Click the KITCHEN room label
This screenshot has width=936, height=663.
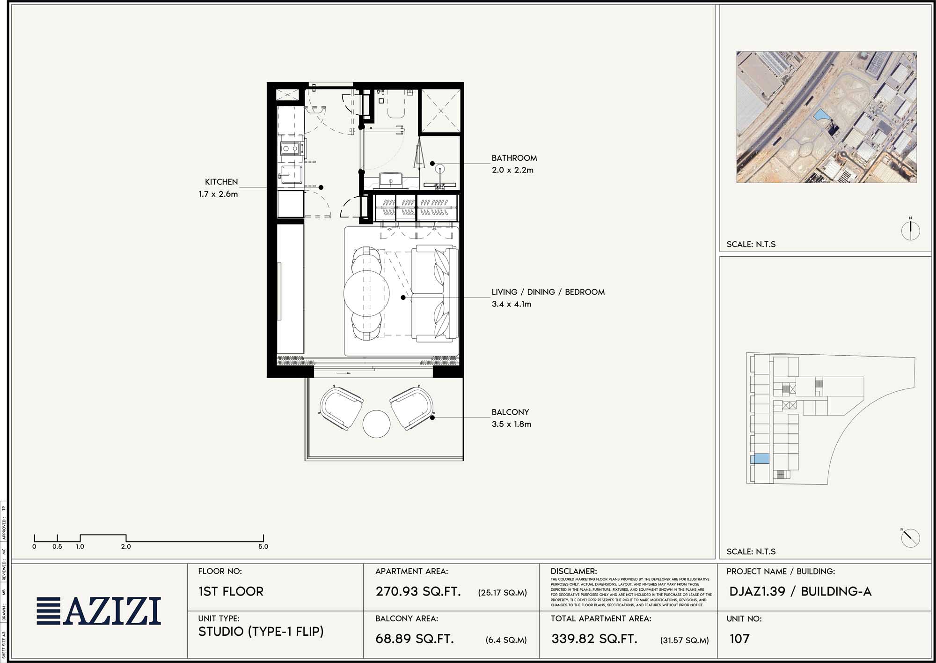click(x=221, y=182)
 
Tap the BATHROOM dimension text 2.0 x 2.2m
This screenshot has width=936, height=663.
click(x=512, y=170)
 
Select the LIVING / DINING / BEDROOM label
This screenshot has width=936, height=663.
click(x=548, y=292)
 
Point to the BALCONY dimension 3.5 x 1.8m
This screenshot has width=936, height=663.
click(x=511, y=424)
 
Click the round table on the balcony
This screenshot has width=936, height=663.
click(x=376, y=424)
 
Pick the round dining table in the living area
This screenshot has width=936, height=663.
click(x=366, y=293)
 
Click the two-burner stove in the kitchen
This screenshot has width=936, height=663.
click(x=290, y=149)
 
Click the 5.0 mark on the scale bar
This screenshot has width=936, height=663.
click(x=263, y=546)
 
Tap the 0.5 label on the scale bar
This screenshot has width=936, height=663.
click(x=57, y=546)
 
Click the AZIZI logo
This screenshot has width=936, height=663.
click(x=99, y=611)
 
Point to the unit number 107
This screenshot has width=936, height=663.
click(x=739, y=639)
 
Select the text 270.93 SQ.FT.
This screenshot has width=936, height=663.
click(x=418, y=591)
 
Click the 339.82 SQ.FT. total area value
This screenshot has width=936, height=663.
click(x=594, y=639)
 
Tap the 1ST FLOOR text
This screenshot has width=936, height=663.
click(x=231, y=591)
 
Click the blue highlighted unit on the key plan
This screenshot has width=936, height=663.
click(x=760, y=459)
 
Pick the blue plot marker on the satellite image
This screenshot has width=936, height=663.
click(x=820, y=115)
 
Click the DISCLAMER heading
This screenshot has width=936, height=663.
click(x=573, y=571)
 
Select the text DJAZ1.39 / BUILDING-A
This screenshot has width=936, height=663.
click(x=800, y=591)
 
